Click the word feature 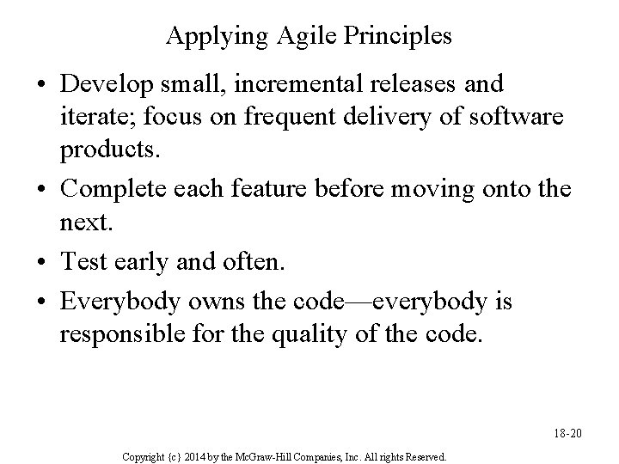[264, 187]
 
